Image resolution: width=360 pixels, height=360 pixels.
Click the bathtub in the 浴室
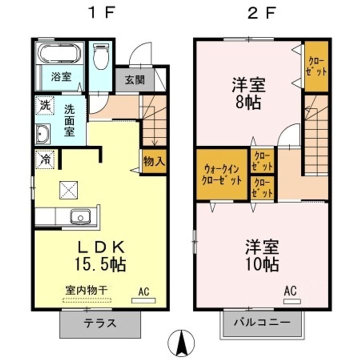click(60, 53)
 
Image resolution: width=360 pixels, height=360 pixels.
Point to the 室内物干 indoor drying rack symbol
click(88, 300)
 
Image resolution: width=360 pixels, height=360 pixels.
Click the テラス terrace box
click(100, 323)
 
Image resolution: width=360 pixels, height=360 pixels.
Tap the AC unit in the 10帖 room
click(291, 301)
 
